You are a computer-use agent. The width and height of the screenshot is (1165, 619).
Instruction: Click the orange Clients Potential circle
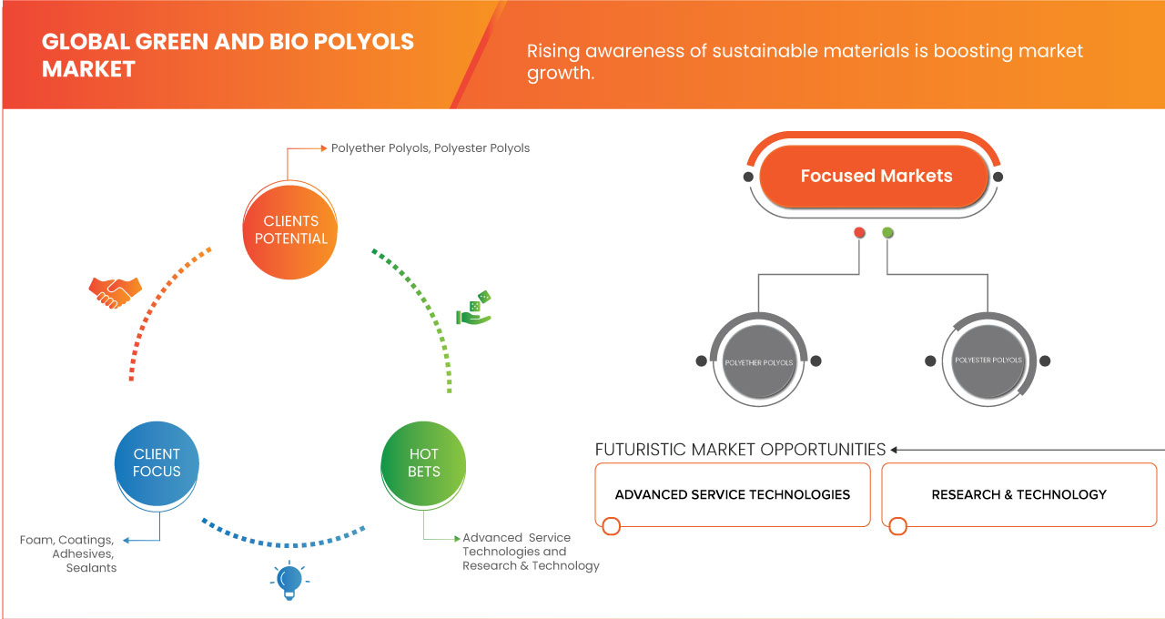click(291, 229)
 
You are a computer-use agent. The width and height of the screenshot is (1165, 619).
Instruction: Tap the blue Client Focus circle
click(157, 462)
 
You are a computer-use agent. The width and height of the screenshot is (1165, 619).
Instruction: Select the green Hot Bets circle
click(423, 462)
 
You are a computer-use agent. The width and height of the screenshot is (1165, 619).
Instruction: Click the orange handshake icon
click(115, 291)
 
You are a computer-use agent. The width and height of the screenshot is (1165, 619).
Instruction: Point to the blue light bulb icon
click(289, 580)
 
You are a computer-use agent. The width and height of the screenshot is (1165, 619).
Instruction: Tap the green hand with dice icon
click(473, 309)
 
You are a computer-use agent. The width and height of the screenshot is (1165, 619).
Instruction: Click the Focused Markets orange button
click(876, 177)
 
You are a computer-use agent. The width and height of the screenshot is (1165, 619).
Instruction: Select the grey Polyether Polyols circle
click(758, 362)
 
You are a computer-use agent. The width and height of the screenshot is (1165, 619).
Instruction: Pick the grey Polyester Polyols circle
click(988, 360)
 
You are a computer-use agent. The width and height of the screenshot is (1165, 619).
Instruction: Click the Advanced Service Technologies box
click(733, 495)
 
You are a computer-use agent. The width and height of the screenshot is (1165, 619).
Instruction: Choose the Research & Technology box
click(1018, 495)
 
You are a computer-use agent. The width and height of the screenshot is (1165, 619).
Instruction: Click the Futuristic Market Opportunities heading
click(740, 450)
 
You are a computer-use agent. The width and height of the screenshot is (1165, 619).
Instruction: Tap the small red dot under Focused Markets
click(859, 233)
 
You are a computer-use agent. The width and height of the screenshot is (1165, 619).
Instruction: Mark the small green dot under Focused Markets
click(887, 233)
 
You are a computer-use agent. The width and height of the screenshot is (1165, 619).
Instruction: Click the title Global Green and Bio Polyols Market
click(228, 55)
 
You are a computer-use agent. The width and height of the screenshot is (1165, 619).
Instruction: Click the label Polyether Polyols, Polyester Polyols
click(430, 147)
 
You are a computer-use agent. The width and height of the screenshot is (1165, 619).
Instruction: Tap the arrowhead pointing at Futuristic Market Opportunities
click(895, 450)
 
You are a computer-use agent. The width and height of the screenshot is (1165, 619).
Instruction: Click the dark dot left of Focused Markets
click(748, 177)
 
